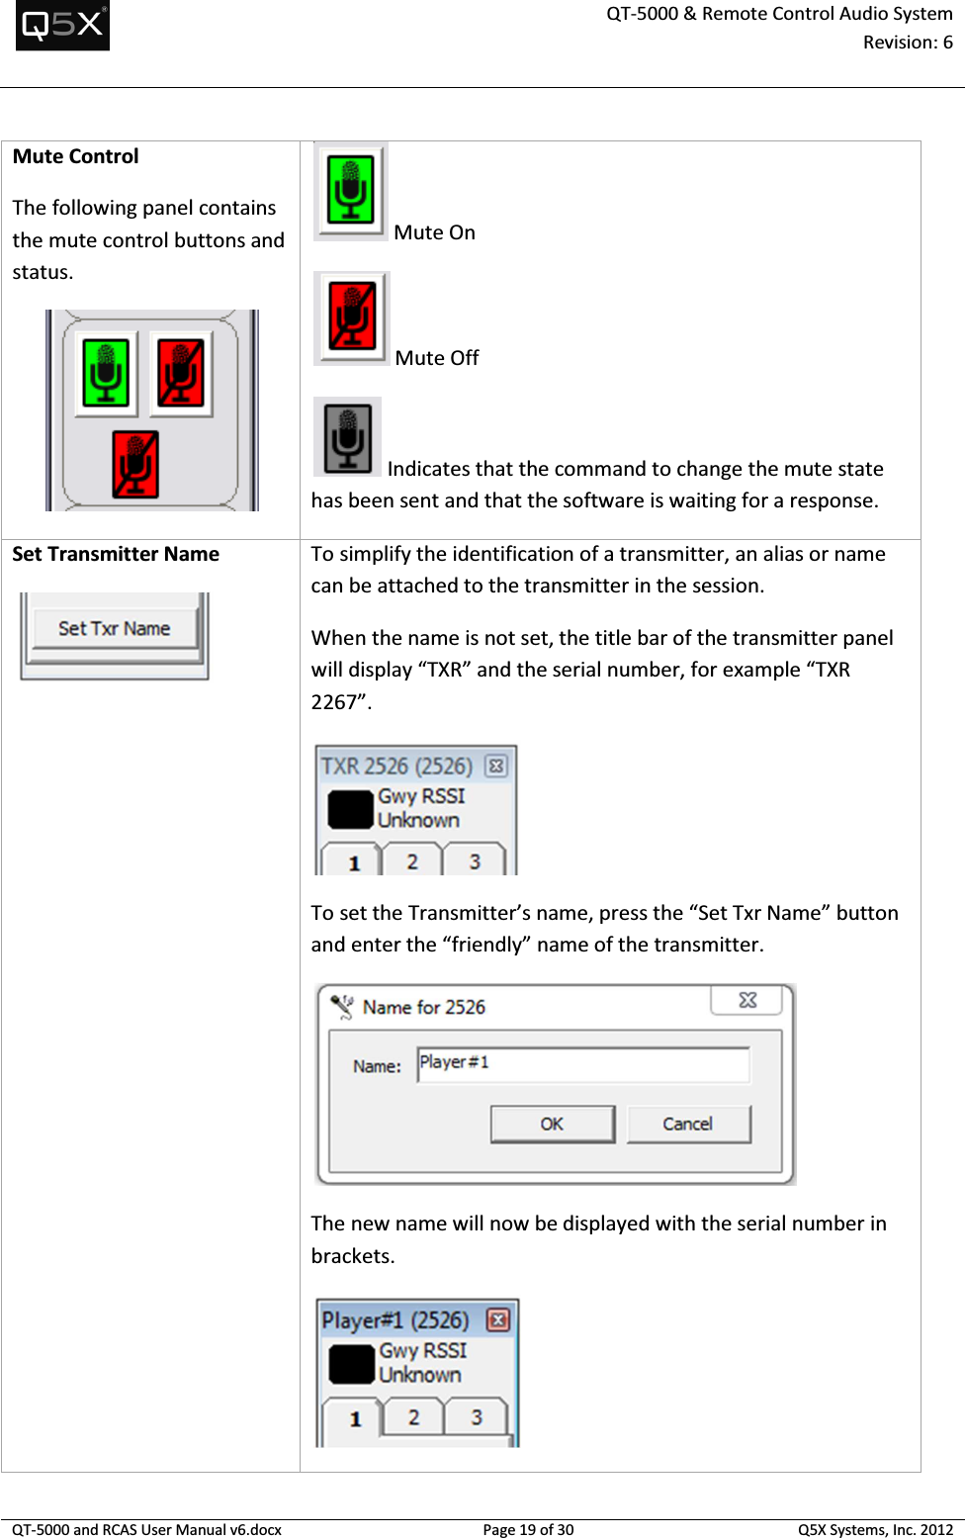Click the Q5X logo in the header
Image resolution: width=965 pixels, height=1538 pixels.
point(62,25)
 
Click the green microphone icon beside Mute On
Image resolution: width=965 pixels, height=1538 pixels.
point(350,189)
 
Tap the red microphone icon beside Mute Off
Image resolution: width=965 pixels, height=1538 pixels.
point(352,317)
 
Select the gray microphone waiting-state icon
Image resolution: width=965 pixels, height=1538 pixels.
point(347,437)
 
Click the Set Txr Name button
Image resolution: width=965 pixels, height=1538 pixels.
point(114,629)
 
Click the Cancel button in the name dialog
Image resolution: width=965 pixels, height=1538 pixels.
point(688,1125)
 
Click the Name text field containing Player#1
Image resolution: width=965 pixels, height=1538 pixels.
point(582,1064)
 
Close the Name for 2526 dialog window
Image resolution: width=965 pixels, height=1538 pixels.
point(747,1000)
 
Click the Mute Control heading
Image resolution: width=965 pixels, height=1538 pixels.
point(76,156)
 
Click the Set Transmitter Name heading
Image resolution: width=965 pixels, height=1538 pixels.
point(116,554)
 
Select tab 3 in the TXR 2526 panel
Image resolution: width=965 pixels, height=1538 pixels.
point(475,861)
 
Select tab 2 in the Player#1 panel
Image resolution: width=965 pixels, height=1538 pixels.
point(413,1417)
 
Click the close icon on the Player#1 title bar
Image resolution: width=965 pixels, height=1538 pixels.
point(498,1320)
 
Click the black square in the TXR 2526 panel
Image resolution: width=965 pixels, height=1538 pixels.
point(350,809)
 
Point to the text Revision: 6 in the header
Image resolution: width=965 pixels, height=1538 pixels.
point(908,43)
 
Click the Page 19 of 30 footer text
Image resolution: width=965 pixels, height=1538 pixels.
point(528,1529)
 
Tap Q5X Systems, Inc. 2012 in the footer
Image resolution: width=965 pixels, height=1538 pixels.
point(875,1529)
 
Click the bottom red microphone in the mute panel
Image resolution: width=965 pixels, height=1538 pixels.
point(135,464)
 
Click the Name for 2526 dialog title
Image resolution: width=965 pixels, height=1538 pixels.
point(424,1007)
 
